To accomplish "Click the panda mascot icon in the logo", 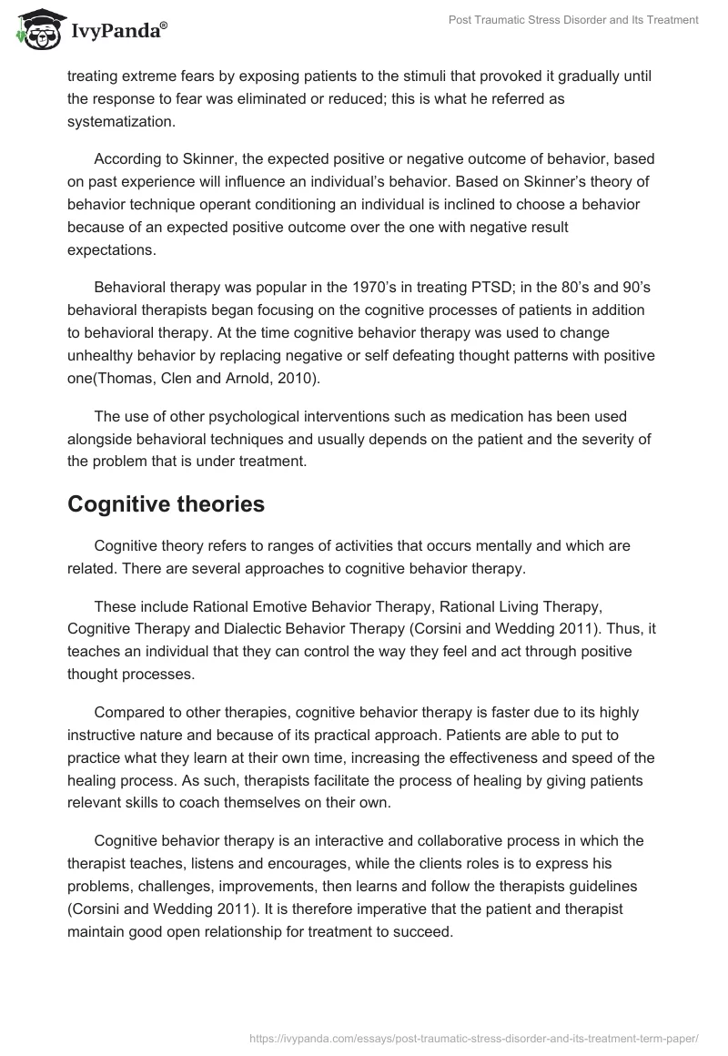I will point(35,29).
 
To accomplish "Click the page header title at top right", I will point(574,21).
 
